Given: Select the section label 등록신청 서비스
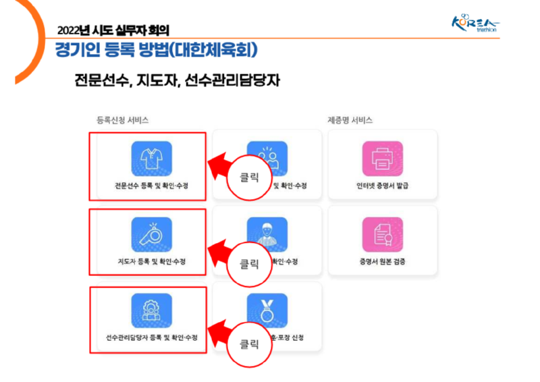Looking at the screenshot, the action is (122, 120).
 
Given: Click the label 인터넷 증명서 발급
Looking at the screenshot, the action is (382, 186).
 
